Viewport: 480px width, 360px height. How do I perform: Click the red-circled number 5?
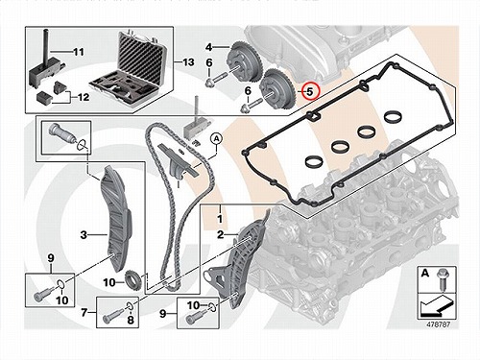tap(309, 91)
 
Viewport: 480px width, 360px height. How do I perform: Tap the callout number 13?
tap(188, 61)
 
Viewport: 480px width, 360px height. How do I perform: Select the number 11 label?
tap(79, 52)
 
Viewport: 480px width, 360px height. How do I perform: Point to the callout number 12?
tap(84, 97)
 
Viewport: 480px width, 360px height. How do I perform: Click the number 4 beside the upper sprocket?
tap(208, 47)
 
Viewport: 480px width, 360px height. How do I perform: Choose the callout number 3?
tap(84, 235)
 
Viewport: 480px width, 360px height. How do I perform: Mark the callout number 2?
tap(220, 234)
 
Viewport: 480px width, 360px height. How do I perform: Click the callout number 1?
tap(220, 219)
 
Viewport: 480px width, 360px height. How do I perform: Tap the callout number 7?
tap(84, 312)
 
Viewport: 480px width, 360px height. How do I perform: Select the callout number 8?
tap(131, 320)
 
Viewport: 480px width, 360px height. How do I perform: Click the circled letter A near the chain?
tap(217, 139)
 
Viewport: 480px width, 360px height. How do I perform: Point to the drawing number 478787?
tap(438, 324)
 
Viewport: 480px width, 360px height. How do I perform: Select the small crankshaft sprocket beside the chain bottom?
tap(132, 280)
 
